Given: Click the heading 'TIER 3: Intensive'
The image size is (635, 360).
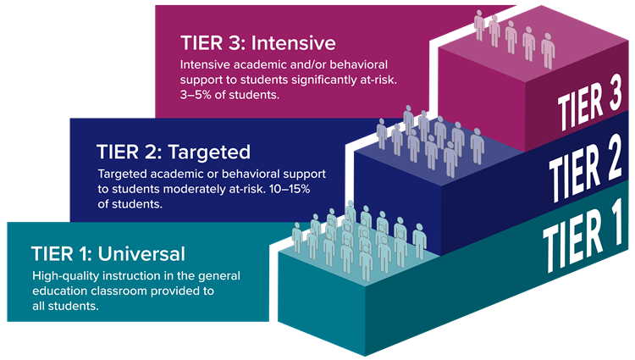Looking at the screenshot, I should point(258,42).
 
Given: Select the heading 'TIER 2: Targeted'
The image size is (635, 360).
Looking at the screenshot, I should point(174,152).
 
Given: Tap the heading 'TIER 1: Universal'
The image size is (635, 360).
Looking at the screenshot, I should point(108,253).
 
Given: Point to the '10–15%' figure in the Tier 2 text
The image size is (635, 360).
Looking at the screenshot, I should point(291,190).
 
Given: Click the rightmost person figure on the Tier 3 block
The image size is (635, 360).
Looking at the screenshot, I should point(548,51).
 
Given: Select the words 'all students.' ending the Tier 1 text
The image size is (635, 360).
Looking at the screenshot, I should point(66,307).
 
